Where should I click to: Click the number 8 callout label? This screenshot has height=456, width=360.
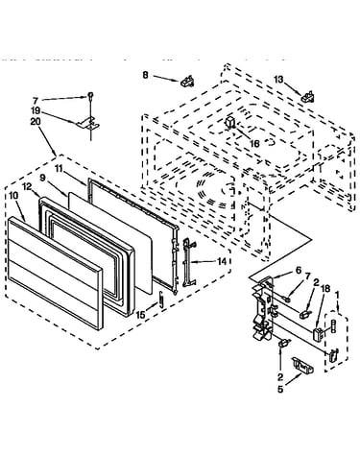pyautogui.click(x=146, y=75)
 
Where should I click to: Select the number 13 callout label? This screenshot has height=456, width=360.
pyautogui.click(x=278, y=79)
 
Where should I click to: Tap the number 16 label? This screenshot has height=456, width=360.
pyautogui.click(x=254, y=144)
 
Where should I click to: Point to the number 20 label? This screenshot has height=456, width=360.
pyautogui.click(x=36, y=122)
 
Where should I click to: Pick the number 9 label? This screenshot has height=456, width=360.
pyautogui.click(x=43, y=178)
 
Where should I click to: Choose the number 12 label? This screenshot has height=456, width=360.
pyautogui.click(x=27, y=186)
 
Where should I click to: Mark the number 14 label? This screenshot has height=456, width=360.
pyautogui.click(x=222, y=261)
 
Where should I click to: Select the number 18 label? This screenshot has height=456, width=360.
pyautogui.click(x=325, y=289)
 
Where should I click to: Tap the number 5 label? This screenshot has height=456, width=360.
pyautogui.click(x=280, y=390)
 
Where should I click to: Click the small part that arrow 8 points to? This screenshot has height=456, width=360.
pyautogui.click(x=187, y=81)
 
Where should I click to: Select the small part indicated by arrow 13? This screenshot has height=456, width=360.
pyautogui.click(x=307, y=96)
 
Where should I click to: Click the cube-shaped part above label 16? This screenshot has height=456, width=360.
pyautogui.click(x=230, y=123)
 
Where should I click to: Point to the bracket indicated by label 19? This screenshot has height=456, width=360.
pyautogui.click(x=88, y=124)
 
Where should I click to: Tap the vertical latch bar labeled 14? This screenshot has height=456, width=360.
pyautogui.click(x=188, y=262)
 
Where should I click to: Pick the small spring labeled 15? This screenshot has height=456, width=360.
pyautogui.click(x=162, y=300)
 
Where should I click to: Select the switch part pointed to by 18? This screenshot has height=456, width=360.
pyautogui.click(x=318, y=334)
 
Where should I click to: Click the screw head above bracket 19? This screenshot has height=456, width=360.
pyautogui.click(x=90, y=95)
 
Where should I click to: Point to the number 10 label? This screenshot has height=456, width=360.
pyautogui.click(x=13, y=195)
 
